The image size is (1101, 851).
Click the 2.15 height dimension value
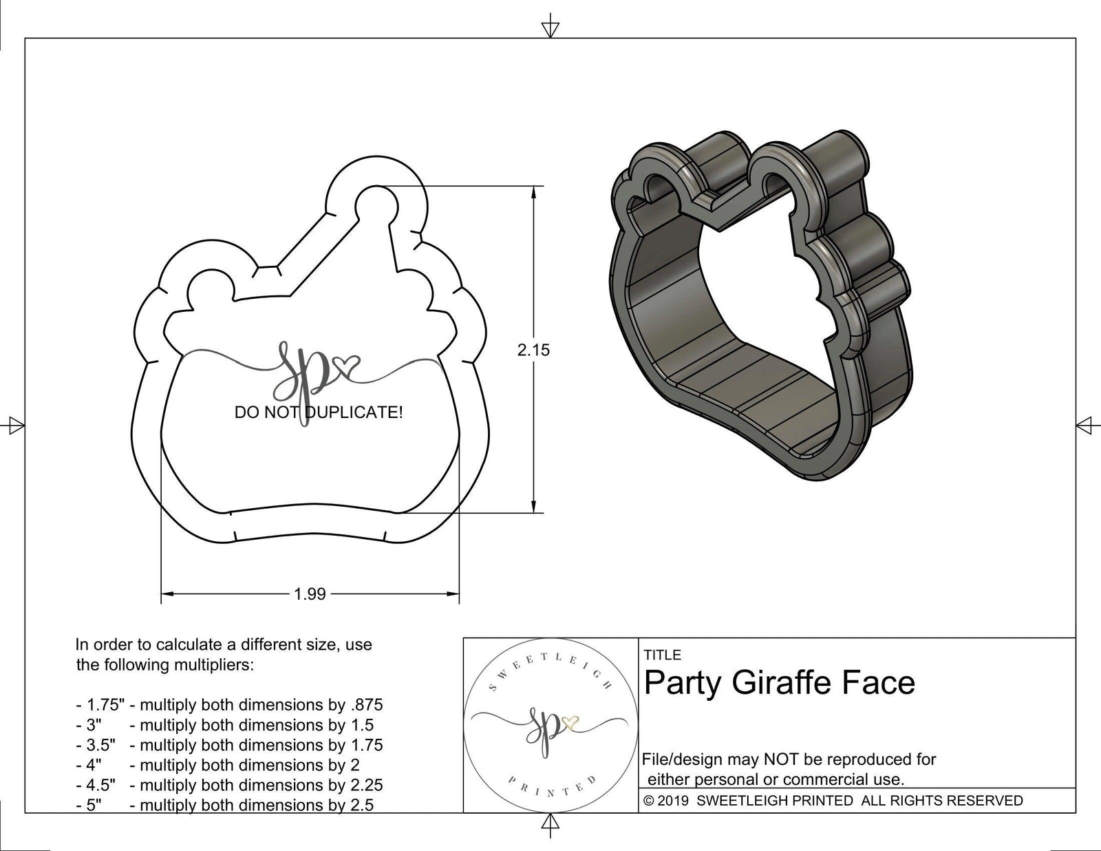pos(533,350)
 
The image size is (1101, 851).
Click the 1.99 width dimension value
pos(310,593)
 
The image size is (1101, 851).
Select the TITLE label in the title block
pos(663,655)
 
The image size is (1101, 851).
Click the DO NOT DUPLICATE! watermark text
pos(319,412)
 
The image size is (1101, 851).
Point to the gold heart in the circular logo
pos(569,722)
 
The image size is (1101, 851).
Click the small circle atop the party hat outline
pos(377,206)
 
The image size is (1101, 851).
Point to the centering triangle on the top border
pos(550,28)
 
